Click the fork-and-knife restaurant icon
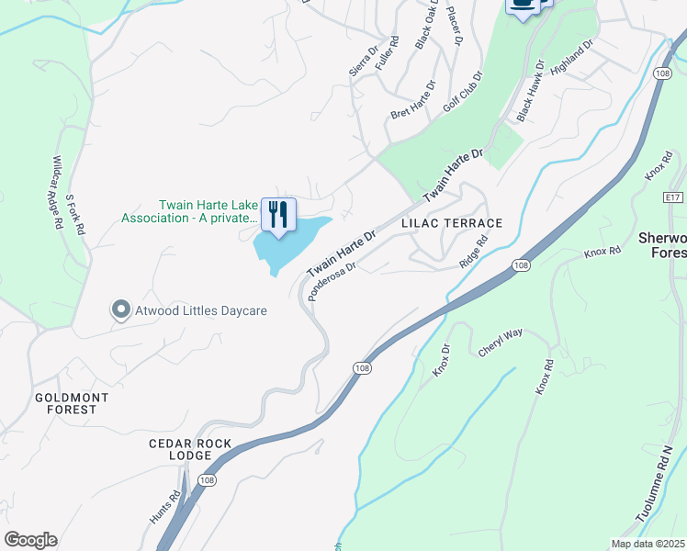[x=279, y=215]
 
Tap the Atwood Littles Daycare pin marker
[x=120, y=310]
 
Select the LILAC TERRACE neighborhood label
[x=452, y=223]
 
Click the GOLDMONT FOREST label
[x=72, y=403]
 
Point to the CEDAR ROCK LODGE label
[x=194, y=449]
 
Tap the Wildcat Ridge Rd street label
[x=57, y=192]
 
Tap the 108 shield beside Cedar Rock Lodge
[x=206, y=480]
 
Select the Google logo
[x=30, y=540]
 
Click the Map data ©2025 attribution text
[x=648, y=544]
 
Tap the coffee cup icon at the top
[x=523, y=5]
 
